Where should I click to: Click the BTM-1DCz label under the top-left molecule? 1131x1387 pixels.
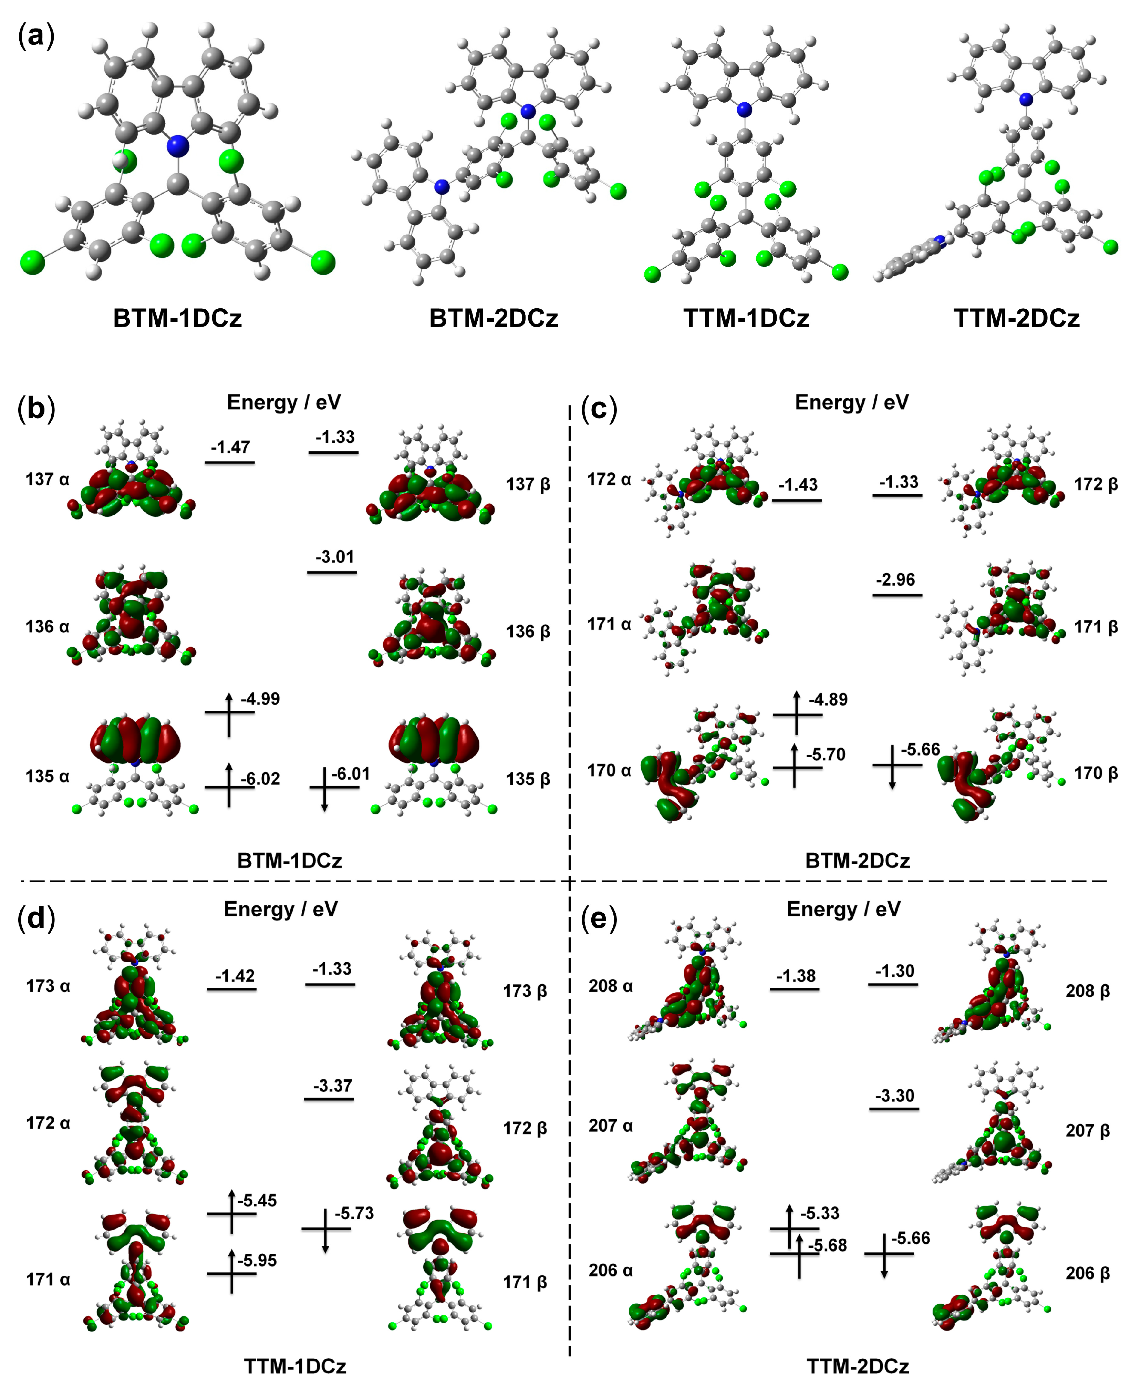click(x=177, y=319)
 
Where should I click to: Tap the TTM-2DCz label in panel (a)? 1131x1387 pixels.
click(x=1016, y=319)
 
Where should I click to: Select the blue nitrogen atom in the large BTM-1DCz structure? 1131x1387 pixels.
click(x=177, y=146)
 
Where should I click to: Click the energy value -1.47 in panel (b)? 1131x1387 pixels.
click(x=230, y=447)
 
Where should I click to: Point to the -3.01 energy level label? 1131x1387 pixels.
click(x=335, y=557)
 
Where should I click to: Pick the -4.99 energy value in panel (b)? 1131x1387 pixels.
click(x=261, y=699)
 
